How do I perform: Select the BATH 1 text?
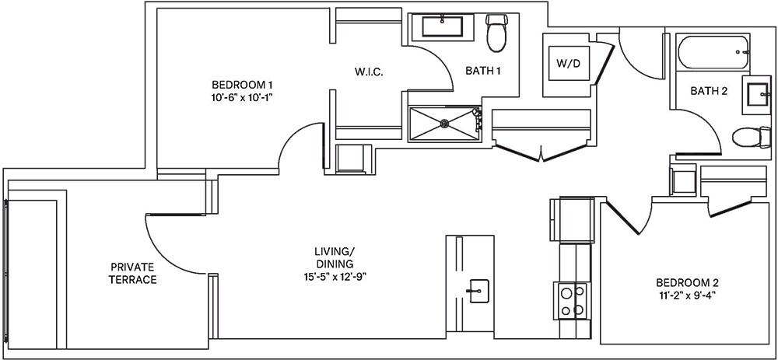(482, 71)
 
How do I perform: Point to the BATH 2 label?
(709, 91)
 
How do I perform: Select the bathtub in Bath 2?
(713, 54)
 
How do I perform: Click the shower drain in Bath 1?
(444, 122)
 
